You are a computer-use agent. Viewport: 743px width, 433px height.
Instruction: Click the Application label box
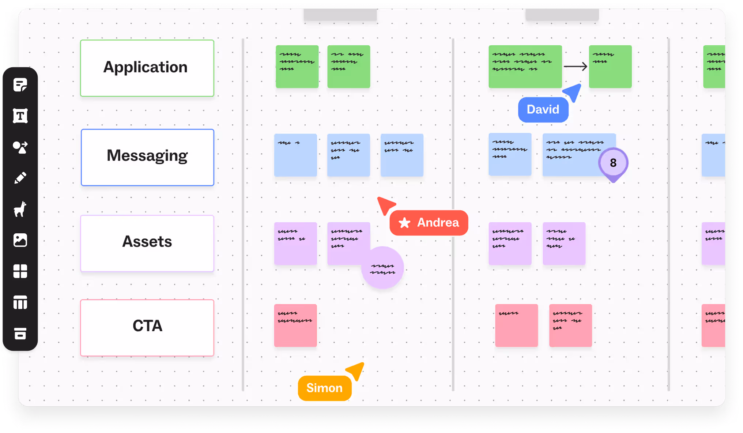(147, 68)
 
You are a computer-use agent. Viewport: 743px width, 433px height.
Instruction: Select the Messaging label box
(147, 157)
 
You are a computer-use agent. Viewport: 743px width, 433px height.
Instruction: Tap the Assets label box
(147, 243)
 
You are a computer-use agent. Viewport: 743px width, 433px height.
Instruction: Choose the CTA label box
(147, 327)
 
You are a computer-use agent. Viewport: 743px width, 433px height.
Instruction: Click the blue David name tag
(543, 109)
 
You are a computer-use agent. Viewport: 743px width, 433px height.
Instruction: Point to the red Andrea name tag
(429, 222)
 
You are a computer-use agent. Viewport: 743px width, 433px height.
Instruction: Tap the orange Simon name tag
(325, 388)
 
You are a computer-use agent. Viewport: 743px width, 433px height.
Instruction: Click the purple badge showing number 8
(613, 163)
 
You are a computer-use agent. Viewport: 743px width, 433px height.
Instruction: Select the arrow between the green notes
(575, 67)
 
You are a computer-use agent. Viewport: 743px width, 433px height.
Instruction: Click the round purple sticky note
(382, 268)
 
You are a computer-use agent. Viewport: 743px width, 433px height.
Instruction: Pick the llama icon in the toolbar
(20, 209)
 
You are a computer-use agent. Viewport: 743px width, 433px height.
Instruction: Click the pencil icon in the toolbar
(20, 178)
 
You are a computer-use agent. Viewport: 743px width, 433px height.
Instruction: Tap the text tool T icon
(20, 116)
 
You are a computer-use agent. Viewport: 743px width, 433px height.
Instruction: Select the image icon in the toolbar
(20, 240)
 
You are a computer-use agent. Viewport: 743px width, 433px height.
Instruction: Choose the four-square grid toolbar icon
(20, 271)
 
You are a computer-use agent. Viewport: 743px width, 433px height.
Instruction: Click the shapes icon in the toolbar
(20, 147)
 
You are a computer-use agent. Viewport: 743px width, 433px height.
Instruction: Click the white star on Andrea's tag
(404, 223)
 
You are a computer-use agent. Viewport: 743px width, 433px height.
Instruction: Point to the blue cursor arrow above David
(573, 92)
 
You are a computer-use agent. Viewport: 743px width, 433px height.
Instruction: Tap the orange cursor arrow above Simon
(356, 370)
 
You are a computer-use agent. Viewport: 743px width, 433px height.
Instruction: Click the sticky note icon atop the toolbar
(20, 85)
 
